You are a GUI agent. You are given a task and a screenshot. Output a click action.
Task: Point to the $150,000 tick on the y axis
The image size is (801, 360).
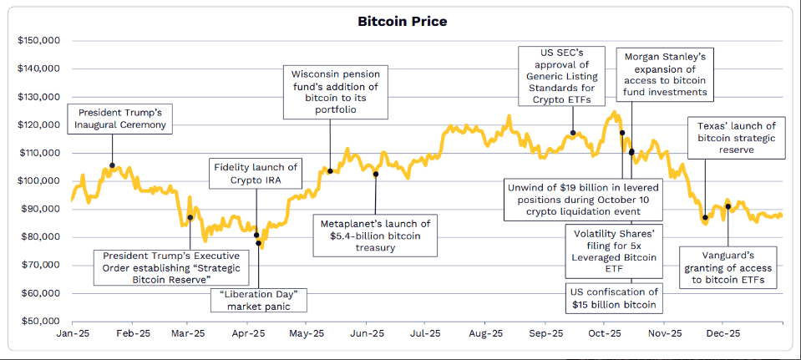pyautogui.click(x=38, y=40)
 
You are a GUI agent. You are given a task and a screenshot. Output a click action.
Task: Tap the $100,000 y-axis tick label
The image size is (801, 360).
pyautogui.click(x=38, y=180)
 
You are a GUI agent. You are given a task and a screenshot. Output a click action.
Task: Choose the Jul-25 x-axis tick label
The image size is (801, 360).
pyautogui.click(x=426, y=333)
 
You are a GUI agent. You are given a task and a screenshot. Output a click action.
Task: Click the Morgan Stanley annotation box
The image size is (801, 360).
pyautogui.click(x=666, y=74)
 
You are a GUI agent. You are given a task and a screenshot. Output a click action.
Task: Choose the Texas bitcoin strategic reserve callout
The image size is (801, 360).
pyautogui.click(x=736, y=138)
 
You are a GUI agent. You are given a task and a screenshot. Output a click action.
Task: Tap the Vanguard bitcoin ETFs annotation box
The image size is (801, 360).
pyautogui.click(x=727, y=267)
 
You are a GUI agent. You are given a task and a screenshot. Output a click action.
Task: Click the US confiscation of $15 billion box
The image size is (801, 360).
pyautogui.click(x=613, y=299)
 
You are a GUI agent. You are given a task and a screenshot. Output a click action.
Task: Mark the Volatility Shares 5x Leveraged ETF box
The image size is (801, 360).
pyautogui.click(x=613, y=251)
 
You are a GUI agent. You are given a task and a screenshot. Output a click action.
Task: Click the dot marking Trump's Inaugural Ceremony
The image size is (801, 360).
pyautogui.click(x=113, y=165)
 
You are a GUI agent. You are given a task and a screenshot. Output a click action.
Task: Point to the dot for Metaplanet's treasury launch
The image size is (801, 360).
pyautogui.click(x=376, y=174)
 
